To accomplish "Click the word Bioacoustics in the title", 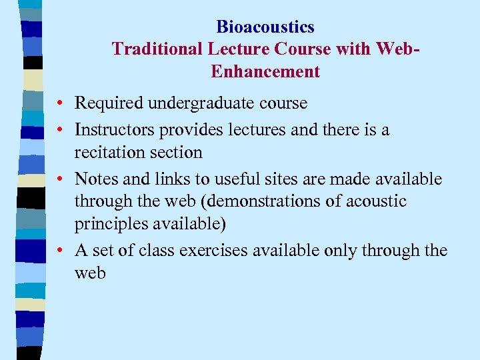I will point(265,27).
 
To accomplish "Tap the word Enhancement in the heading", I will point(265,71).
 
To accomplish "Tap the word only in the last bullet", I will point(342,250).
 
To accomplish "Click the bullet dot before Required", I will point(60,104).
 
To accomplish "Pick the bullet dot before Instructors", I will point(60,130).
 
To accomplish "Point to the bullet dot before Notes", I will point(60,179).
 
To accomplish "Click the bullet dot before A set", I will point(60,251).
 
